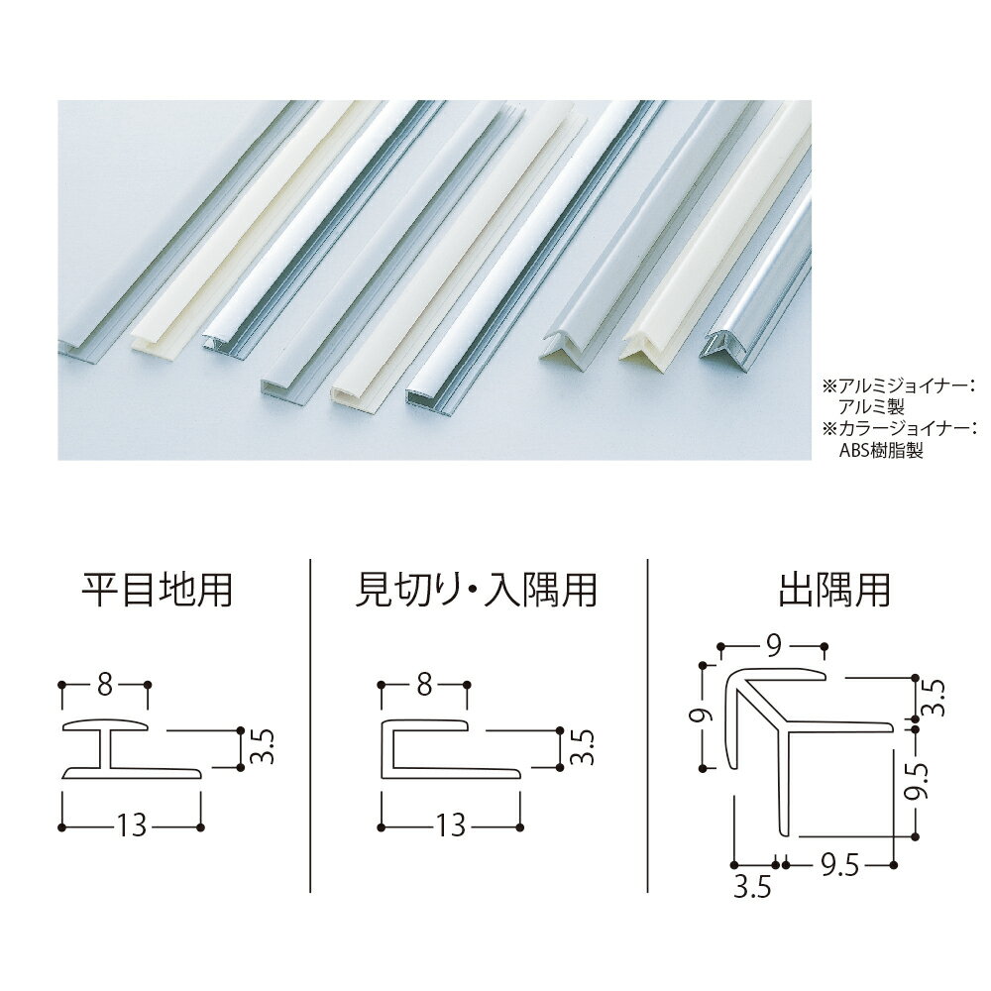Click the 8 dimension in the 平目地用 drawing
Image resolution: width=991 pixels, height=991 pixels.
click(x=105, y=685)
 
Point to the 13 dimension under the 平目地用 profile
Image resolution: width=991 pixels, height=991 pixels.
click(x=132, y=826)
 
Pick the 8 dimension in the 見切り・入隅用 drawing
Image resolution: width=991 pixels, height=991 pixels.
click(x=423, y=685)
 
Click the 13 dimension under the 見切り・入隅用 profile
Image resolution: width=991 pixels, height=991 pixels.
click(x=450, y=826)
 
